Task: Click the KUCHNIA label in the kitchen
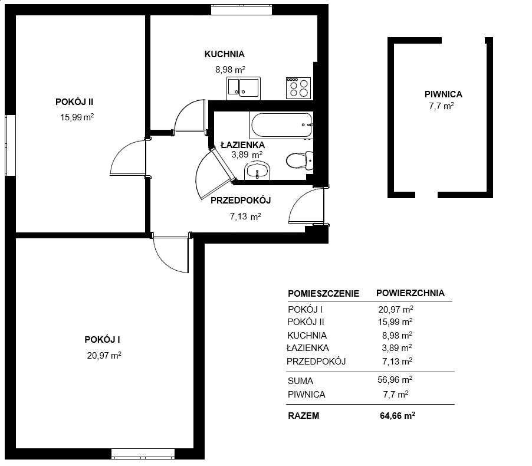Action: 224,54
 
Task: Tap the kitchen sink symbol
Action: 243,88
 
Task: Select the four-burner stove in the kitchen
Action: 298,88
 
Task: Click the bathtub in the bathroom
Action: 281,125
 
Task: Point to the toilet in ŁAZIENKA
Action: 300,161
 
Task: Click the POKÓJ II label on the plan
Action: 74,102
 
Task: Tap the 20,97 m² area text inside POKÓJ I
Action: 104,355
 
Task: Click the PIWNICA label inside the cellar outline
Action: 443,94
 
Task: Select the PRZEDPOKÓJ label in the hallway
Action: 241,201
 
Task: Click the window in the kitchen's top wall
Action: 242,9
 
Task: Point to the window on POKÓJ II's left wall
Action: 10,145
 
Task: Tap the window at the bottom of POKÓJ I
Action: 143,454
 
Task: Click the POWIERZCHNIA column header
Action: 410,293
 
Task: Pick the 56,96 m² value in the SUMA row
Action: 395,380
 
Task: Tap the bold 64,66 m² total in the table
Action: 398,416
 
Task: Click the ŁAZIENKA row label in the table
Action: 308,348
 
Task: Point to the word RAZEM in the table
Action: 304,416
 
